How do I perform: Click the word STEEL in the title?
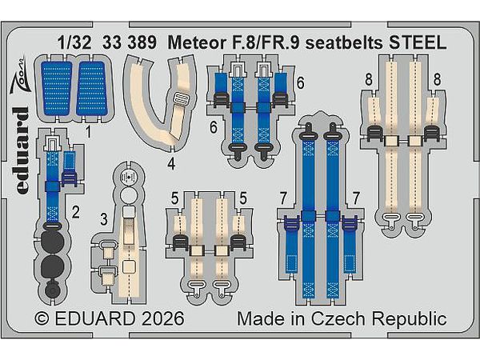(418, 42)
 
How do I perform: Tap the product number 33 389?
(130, 42)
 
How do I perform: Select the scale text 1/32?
(74, 42)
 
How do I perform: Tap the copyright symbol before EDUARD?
(42, 319)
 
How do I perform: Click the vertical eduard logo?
(22, 150)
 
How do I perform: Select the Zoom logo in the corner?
(19, 74)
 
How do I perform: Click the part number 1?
(88, 133)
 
